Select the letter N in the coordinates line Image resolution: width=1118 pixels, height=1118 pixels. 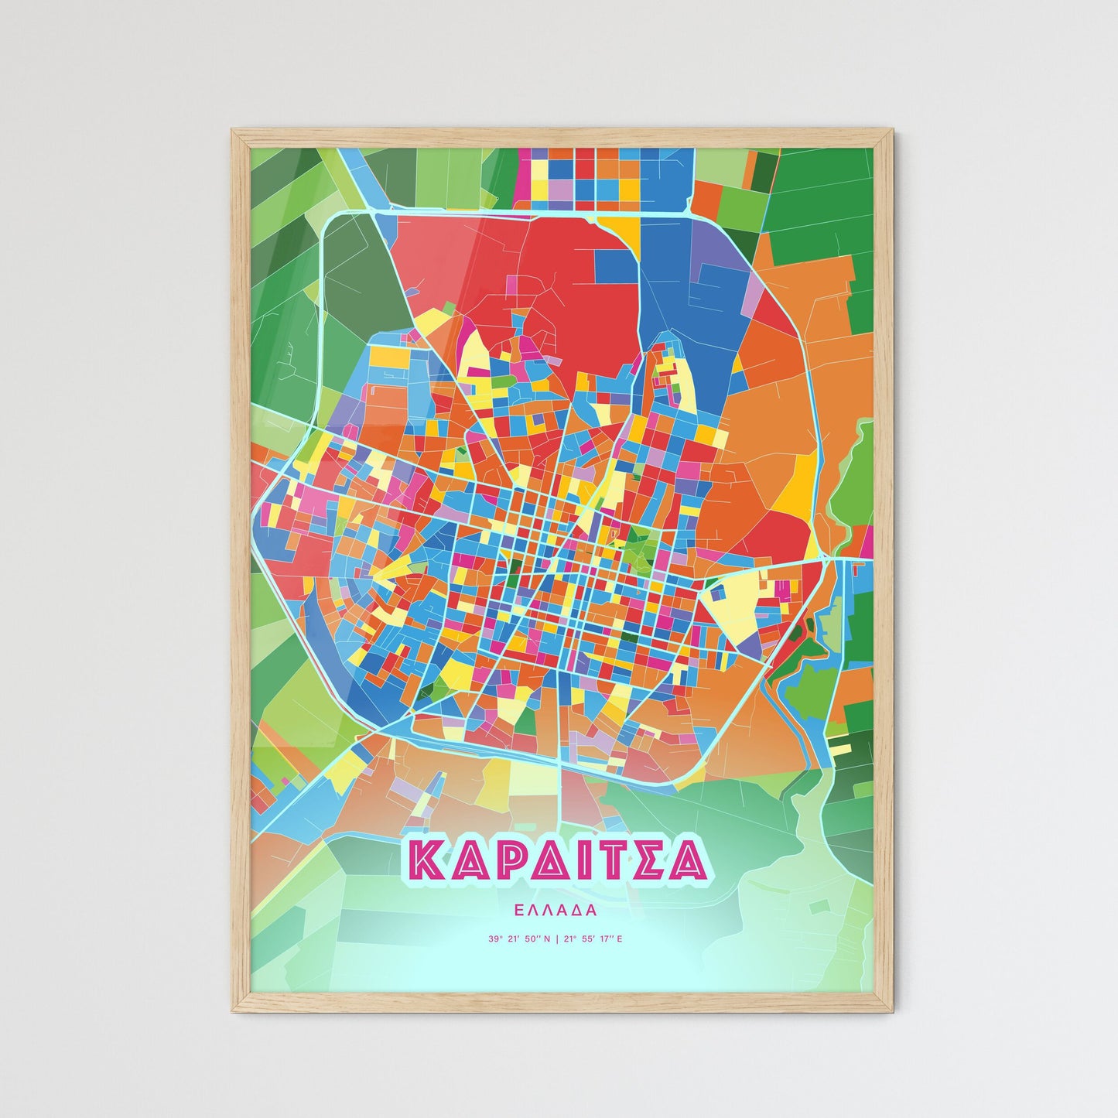(x=547, y=939)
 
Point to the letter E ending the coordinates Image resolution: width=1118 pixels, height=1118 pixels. (x=619, y=939)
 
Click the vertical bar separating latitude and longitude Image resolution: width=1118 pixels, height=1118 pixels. (x=557, y=939)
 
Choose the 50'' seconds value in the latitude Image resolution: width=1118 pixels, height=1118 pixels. (x=532, y=939)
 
